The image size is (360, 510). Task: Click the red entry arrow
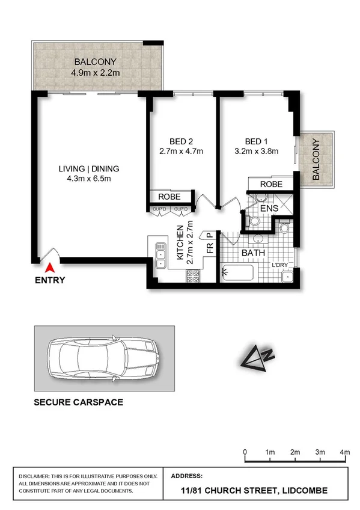[50, 268]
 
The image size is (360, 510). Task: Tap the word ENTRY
[50, 280]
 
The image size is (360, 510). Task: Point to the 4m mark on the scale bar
[344, 452]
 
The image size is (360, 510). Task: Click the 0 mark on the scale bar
[245, 452]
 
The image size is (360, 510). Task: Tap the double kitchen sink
[160, 254]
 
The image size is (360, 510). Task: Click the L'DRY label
[281, 265]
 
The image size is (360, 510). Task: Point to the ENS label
[269, 209]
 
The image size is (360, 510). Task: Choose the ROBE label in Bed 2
[170, 196]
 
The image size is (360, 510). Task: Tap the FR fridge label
[210, 247]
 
